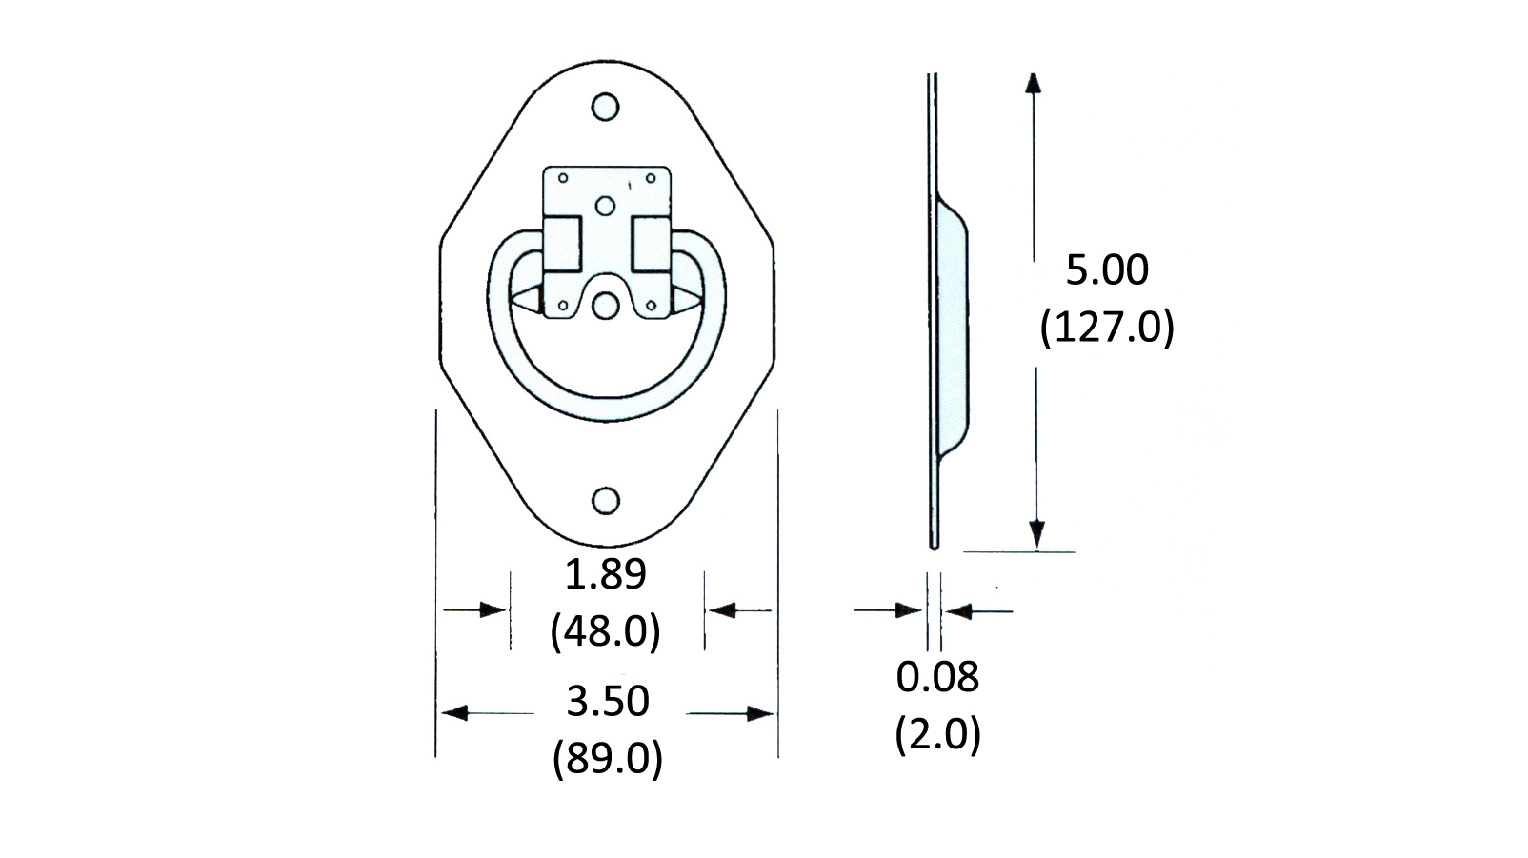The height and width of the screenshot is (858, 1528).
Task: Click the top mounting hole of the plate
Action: click(x=605, y=107)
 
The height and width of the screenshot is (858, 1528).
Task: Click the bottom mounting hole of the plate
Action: click(x=605, y=501)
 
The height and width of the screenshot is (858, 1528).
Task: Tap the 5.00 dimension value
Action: click(x=1106, y=270)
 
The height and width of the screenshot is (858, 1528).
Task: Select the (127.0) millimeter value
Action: click(x=1106, y=328)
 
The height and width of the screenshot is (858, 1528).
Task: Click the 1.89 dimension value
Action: click(x=605, y=574)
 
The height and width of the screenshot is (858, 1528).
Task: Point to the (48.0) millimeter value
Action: click(x=605, y=630)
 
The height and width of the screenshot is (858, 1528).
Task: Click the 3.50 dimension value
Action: click(x=607, y=702)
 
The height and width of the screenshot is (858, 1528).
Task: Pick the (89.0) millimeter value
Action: click(x=607, y=758)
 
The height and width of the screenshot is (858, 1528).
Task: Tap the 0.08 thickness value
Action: click(x=937, y=677)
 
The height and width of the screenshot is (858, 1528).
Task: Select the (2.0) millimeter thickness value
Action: click(x=937, y=734)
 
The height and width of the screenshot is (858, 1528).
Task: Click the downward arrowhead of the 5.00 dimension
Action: click(x=1036, y=536)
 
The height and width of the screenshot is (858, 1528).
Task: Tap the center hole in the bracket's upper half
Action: click(x=605, y=206)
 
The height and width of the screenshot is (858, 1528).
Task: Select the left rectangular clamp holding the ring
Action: click(x=561, y=243)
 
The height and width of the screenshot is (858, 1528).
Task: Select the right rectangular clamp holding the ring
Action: click(x=652, y=243)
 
